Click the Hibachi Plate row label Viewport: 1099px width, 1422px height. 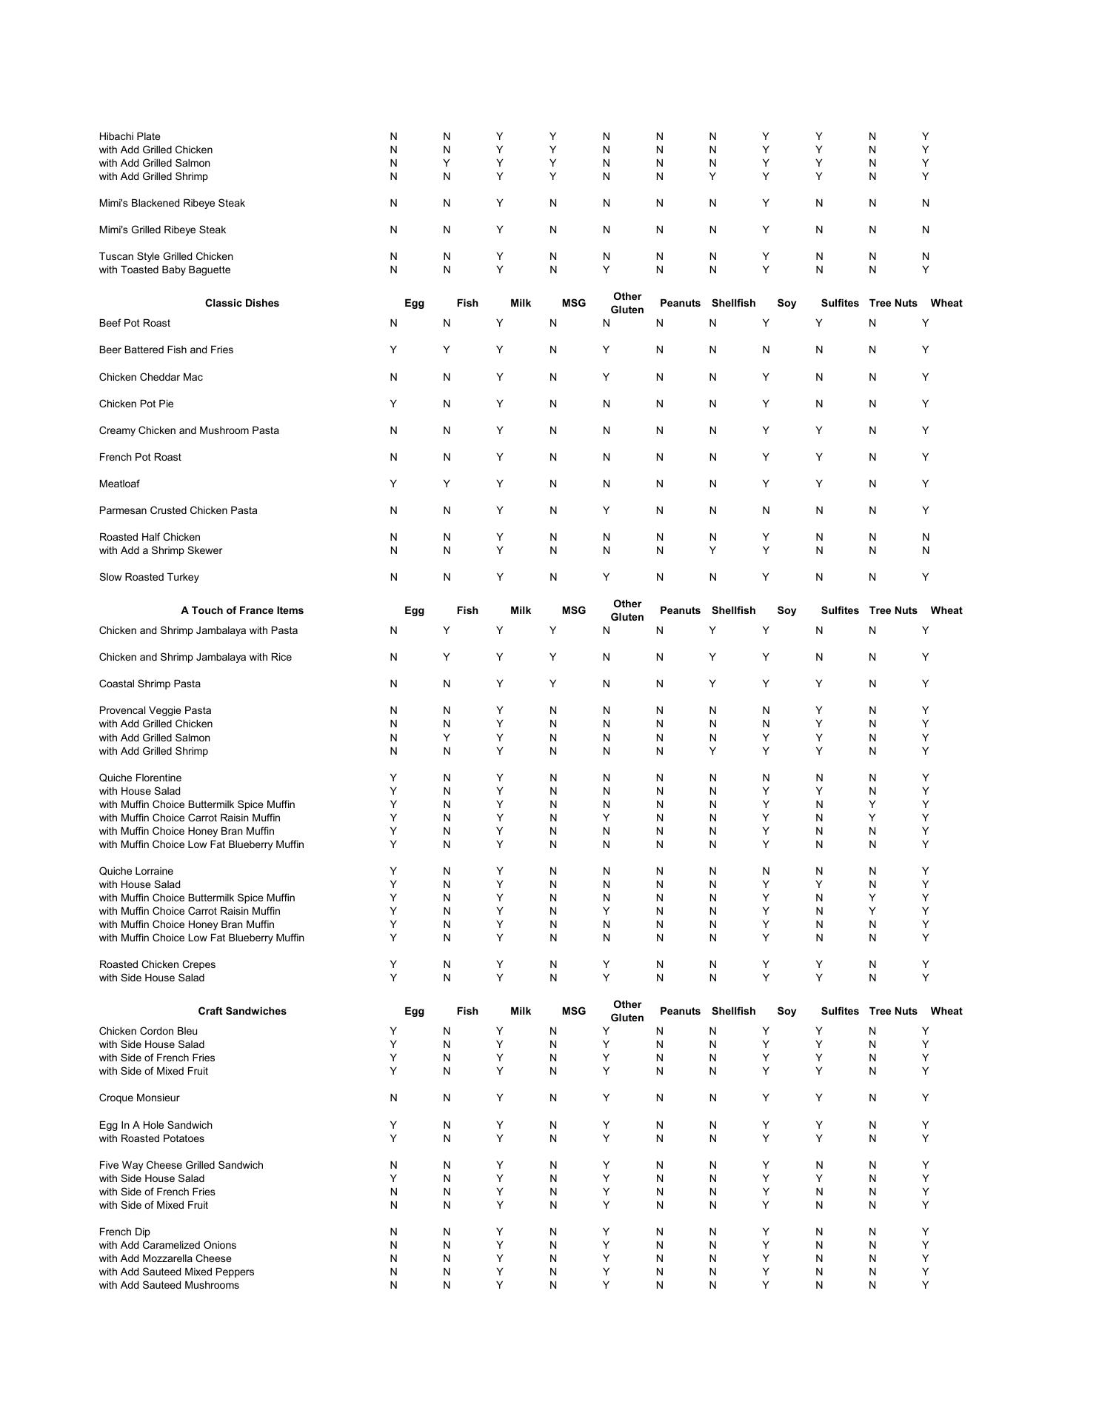pos(130,136)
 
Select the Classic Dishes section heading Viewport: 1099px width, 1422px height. pos(242,303)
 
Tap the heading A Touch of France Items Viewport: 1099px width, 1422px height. pos(242,610)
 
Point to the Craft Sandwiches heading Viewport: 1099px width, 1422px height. pos(242,1011)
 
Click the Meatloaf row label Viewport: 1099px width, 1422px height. pos(119,484)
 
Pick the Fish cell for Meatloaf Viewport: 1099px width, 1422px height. pos(447,484)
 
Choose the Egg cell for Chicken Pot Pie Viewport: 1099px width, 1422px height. pos(393,404)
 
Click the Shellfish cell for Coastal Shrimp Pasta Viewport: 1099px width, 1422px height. pos(712,684)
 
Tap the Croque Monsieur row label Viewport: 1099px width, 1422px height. pos(139,1098)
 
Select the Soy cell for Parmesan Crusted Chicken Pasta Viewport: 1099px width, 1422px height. pos(766,510)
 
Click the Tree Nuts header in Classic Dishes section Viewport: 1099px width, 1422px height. pos(893,303)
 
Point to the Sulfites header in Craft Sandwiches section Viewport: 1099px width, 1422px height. pos(840,1011)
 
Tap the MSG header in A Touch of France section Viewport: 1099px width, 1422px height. pos(574,610)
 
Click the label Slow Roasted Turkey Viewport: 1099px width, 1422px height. pos(149,577)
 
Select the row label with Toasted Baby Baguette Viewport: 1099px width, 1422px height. pos(164,270)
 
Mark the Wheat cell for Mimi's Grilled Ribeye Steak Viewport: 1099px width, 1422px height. pos(926,230)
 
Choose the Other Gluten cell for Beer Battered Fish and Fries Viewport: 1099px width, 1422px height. pos(606,350)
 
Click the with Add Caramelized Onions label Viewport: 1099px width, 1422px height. pos(167,1245)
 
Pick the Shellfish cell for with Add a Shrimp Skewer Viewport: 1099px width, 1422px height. pos(712,550)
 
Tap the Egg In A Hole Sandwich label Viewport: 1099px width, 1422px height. pos(156,1125)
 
